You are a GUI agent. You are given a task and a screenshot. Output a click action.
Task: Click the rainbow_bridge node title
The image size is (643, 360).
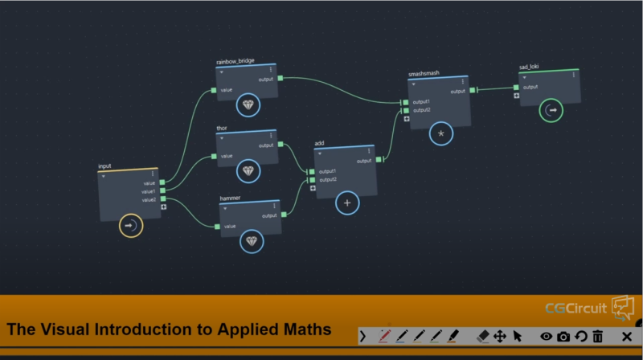coord(235,61)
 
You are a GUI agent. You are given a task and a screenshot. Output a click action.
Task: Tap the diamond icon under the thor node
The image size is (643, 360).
coord(248,170)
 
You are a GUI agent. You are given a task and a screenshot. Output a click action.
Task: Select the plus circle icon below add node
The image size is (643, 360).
coord(347,203)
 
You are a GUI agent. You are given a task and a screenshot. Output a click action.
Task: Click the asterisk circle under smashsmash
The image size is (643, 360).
coord(440,133)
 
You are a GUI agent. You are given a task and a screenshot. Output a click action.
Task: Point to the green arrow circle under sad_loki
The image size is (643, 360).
coord(551,110)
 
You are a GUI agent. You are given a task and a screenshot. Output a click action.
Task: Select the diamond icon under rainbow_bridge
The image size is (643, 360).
coord(248,105)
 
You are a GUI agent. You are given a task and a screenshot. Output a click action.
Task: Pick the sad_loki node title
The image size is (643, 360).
coord(529,67)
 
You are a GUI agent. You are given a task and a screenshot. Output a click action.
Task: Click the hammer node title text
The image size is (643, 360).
coord(231,198)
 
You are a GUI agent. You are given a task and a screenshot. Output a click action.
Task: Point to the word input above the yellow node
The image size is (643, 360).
coord(104,166)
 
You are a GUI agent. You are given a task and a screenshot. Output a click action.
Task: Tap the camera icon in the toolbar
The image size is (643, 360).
coord(563,336)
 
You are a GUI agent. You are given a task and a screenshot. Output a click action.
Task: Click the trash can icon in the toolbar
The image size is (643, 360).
coord(598,336)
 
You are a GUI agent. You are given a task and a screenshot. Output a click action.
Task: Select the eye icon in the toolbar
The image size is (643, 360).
coord(546,336)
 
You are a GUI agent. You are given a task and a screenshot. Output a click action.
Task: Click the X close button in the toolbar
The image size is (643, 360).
coord(627,336)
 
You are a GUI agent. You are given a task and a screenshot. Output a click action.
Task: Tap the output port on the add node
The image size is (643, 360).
coord(379,160)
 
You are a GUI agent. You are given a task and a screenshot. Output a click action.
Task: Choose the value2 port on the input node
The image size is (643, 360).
coord(162,198)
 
